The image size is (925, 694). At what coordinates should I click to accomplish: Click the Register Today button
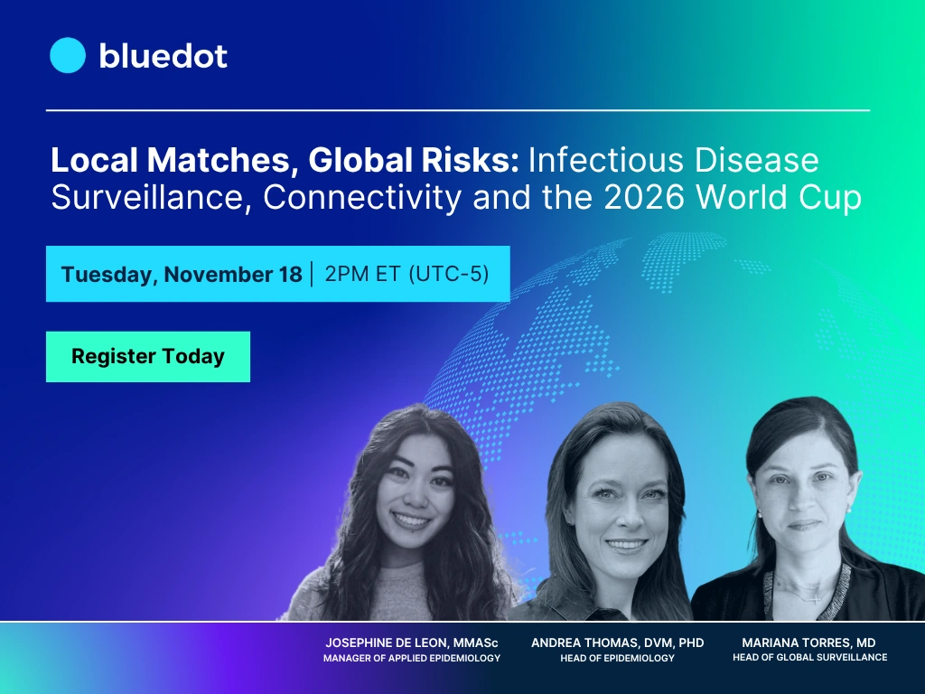[148, 357]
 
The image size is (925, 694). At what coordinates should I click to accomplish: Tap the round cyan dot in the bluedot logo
[68, 56]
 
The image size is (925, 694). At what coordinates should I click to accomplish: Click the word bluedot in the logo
[163, 56]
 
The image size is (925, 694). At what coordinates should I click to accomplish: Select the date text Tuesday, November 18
[182, 275]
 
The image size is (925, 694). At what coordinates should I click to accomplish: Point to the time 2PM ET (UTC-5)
[406, 274]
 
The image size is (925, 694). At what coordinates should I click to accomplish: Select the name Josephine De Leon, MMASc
[412, 642]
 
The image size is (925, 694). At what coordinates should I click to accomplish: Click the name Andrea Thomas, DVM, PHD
[617, 642]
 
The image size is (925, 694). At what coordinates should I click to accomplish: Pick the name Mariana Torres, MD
[808, 642]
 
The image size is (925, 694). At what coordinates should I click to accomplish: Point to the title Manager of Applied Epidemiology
[412, 659]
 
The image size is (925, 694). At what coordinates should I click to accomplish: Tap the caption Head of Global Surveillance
[809, 657]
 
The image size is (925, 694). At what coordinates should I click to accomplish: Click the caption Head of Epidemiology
[617, 659]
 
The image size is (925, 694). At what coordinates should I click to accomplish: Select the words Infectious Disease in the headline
[674, 161]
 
